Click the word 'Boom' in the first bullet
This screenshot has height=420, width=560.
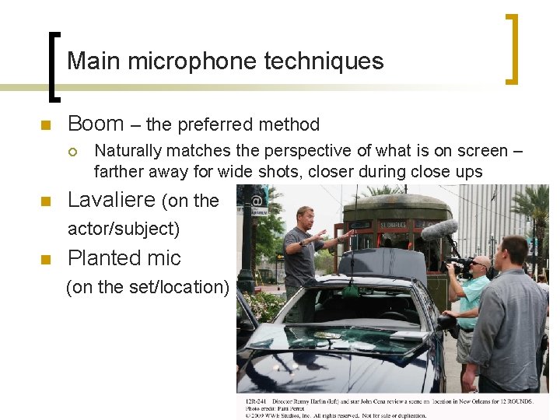[96, 124]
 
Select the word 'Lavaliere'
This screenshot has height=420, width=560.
[111, 200]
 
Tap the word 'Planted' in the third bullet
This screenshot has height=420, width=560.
[107, 258]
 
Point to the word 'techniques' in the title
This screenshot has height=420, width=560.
[334, 61]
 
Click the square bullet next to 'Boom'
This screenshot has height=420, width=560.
[46, 125]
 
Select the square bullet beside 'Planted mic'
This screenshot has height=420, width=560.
[46, 260]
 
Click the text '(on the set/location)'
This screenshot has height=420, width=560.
[148, 287]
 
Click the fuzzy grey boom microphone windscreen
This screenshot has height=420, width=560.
[439, 229]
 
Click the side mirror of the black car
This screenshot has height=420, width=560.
[446, 320]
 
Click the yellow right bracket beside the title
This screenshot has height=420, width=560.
[513, 48]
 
